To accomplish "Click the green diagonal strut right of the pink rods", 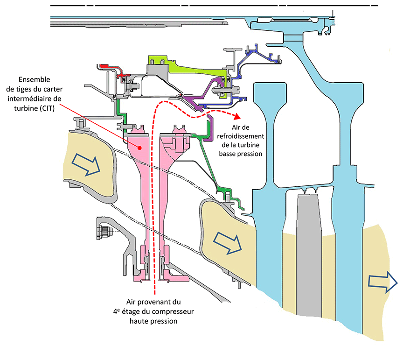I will (x=205, y=159).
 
